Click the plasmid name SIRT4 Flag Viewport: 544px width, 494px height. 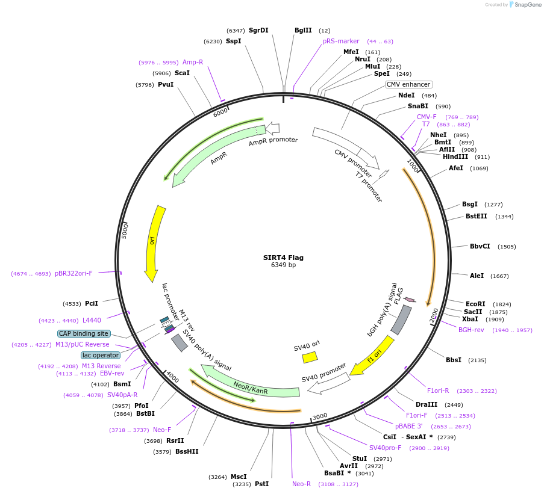[283, 258]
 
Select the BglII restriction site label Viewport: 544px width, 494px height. [303, 30]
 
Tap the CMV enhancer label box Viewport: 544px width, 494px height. [408, 85]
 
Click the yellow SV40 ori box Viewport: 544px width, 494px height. [310, 357]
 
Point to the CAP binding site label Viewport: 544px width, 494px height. [84, 333]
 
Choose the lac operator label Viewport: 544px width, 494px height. [101, 355]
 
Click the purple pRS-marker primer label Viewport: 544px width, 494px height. [341, 41]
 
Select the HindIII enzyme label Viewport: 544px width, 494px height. [455, 156]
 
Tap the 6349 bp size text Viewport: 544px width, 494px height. [283, 265]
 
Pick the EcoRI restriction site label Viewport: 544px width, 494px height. [475, 304]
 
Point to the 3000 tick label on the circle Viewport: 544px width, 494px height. [319, 416]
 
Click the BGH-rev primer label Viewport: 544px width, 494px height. [471, 330]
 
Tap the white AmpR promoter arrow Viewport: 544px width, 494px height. [273, 128]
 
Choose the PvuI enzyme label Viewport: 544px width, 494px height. [166, 85]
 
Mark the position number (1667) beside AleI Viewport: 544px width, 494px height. [499, 276]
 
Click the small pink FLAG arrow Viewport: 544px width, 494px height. [410, 299]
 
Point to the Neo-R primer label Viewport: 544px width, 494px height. [301, 484]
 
